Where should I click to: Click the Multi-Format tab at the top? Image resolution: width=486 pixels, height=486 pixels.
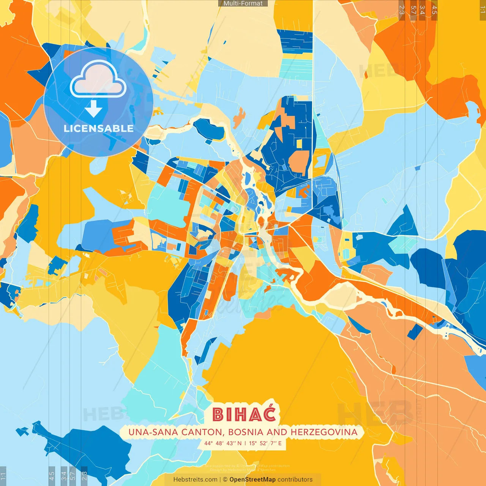coord(243,3)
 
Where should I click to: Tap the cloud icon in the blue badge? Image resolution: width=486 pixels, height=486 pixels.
coord(98,79)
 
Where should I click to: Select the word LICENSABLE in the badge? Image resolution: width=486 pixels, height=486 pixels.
coord(98,128)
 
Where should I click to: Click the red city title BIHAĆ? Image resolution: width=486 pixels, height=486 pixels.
coord(244,414)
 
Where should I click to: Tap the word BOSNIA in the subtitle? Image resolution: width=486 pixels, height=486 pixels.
coord(246,432)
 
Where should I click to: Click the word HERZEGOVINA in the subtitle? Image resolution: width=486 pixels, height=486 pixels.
coord(324,432)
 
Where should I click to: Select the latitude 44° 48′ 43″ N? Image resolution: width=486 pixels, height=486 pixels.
coord(223,443)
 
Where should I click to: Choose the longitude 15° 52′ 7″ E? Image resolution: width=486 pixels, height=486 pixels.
coord(265,443)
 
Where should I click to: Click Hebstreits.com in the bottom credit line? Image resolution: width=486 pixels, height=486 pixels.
coord(195,480)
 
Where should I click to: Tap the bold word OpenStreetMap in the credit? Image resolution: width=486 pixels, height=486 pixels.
coord(252,480)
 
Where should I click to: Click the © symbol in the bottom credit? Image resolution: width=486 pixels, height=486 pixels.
coord(225,480)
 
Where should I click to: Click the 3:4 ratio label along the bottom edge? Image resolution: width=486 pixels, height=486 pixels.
coord(64,476)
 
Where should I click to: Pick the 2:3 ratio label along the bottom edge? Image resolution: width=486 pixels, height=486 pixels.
coord(84,476)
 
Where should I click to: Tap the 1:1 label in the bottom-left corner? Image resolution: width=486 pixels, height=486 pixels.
coord(3,476)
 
